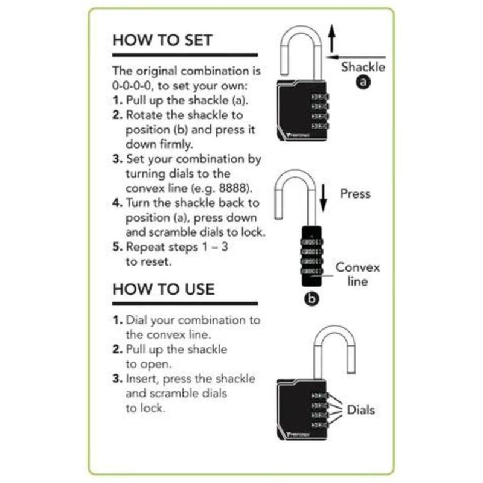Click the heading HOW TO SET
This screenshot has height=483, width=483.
click(x=162, y=40)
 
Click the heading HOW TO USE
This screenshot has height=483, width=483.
click(x=163, y=289)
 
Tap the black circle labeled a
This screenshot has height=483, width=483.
click(x=363, y=83)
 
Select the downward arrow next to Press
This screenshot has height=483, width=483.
click(x=323, y=198)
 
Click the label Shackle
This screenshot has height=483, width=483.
click(x=363, y=67)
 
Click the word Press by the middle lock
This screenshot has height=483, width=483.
click(x=355, y=194)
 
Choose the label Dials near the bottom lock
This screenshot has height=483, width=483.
click(x=360, y=410)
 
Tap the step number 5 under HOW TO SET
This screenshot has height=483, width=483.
click(x=117, y=246)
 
